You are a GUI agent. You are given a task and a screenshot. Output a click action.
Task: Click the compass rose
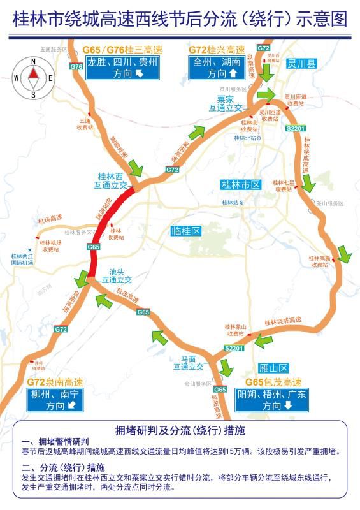pos(33,77)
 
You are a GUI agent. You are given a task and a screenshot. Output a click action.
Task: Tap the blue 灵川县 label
pos(301,62)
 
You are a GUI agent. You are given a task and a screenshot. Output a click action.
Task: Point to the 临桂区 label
pos(186,231)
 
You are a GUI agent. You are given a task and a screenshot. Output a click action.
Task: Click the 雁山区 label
pos(275,368)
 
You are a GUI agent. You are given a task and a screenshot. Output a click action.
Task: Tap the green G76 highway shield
pos(76,66)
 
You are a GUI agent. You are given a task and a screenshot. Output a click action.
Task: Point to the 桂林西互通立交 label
pos(109,180)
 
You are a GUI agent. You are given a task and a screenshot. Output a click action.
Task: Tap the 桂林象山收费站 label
pos(235,330)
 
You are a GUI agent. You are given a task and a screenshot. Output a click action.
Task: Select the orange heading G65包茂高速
pos(273,382)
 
